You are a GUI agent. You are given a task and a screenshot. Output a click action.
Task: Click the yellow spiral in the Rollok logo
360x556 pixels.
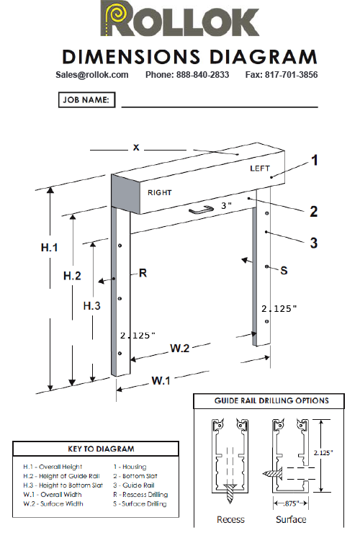click(117, 15)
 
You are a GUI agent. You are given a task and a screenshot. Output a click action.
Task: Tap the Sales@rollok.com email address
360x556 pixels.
click(91, 75)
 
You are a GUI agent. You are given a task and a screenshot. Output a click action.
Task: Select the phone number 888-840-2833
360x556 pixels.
click(202, 75)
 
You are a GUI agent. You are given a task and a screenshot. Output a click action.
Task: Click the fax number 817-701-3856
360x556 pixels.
click(292, 75)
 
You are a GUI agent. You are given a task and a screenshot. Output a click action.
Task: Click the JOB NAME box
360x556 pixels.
click(87, 100)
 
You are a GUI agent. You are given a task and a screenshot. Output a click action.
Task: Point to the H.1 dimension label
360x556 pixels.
click(49, 248)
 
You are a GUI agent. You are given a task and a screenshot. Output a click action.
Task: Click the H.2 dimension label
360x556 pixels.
click(72, 276)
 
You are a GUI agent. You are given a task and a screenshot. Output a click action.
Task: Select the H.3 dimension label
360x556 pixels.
click(91, 305)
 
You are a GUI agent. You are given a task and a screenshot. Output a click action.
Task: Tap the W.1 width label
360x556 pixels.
click(161, 381)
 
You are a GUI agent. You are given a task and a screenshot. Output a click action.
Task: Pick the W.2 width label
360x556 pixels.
click(180, 348)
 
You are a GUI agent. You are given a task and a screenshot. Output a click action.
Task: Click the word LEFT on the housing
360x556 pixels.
click(260, 169)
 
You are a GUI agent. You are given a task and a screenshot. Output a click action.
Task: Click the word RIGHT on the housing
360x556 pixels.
click(159, 192)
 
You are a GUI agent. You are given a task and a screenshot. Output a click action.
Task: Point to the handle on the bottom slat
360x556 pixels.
click(202, 211)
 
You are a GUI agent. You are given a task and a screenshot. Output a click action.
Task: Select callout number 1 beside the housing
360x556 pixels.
click(315, 161)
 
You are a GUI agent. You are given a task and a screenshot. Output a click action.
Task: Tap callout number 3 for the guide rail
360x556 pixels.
click(314, 243)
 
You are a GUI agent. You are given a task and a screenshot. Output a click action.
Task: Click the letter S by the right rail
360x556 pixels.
click(284, 271)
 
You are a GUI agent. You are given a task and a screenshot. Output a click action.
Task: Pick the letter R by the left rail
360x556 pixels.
click(143, 273)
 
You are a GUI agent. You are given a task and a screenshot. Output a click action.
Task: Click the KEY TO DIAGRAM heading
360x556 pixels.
click(101, 449)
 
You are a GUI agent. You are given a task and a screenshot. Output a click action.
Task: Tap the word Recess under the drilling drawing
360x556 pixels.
click(230, 519)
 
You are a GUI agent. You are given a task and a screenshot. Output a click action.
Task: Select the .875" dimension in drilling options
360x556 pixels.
click(292, 503)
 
